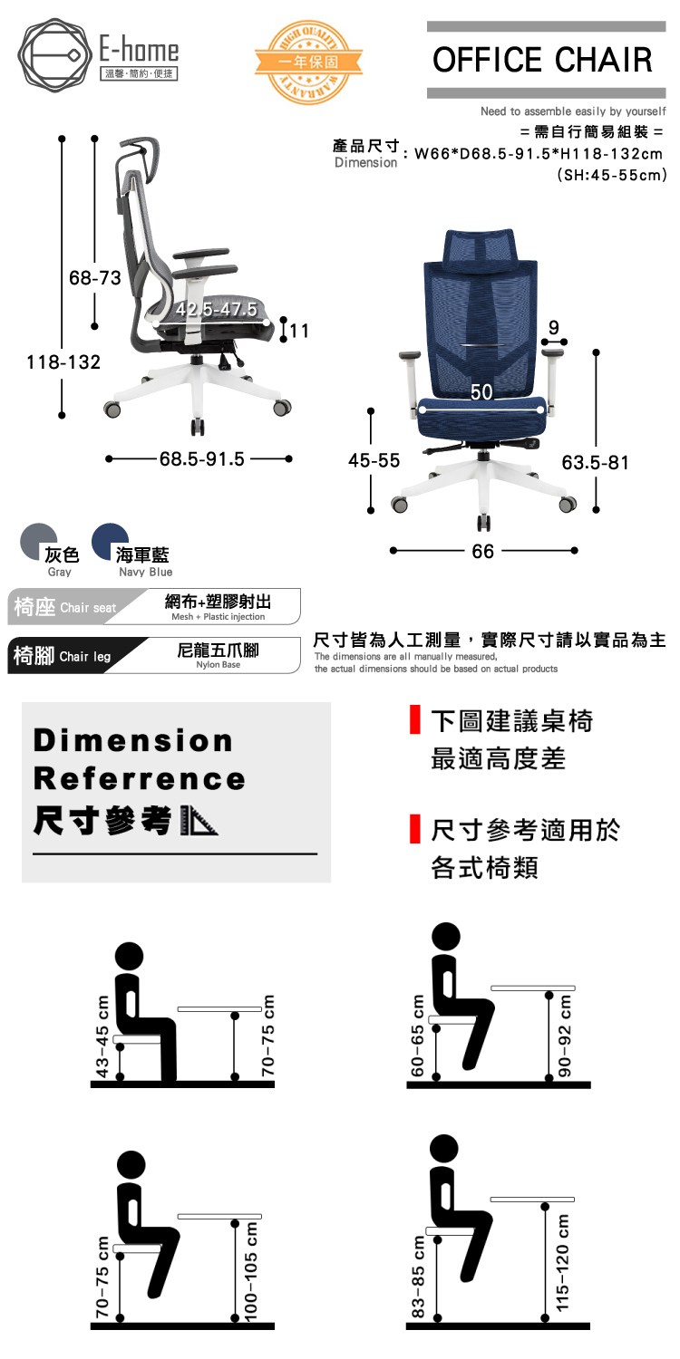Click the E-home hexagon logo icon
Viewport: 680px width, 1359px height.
click(55, 55)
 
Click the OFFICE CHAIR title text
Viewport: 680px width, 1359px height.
click(542, 60)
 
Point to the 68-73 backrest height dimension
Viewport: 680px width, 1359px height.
click(95, 278)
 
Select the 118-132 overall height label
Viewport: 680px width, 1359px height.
click(63, 362)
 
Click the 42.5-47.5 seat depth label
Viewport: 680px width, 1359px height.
click(217, 310)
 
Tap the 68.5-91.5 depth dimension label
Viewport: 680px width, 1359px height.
click(202, 458)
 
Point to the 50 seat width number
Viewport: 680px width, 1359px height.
click(481, 392)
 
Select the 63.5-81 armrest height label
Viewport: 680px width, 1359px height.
click(595, 462)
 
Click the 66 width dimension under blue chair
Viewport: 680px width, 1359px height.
click(482, 551)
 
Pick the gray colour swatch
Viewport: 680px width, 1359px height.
click(38, 542)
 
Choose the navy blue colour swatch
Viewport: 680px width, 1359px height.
click(110, 542)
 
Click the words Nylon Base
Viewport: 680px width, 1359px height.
click(218, 665)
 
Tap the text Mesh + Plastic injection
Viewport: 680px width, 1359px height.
click(218, 617)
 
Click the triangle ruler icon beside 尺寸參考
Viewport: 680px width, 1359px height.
click(199, 822)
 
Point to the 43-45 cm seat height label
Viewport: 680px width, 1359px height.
click(102, 1036)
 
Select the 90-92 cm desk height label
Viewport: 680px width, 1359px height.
click(565, 1036)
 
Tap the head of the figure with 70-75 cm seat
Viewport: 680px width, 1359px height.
click(131, 1165)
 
